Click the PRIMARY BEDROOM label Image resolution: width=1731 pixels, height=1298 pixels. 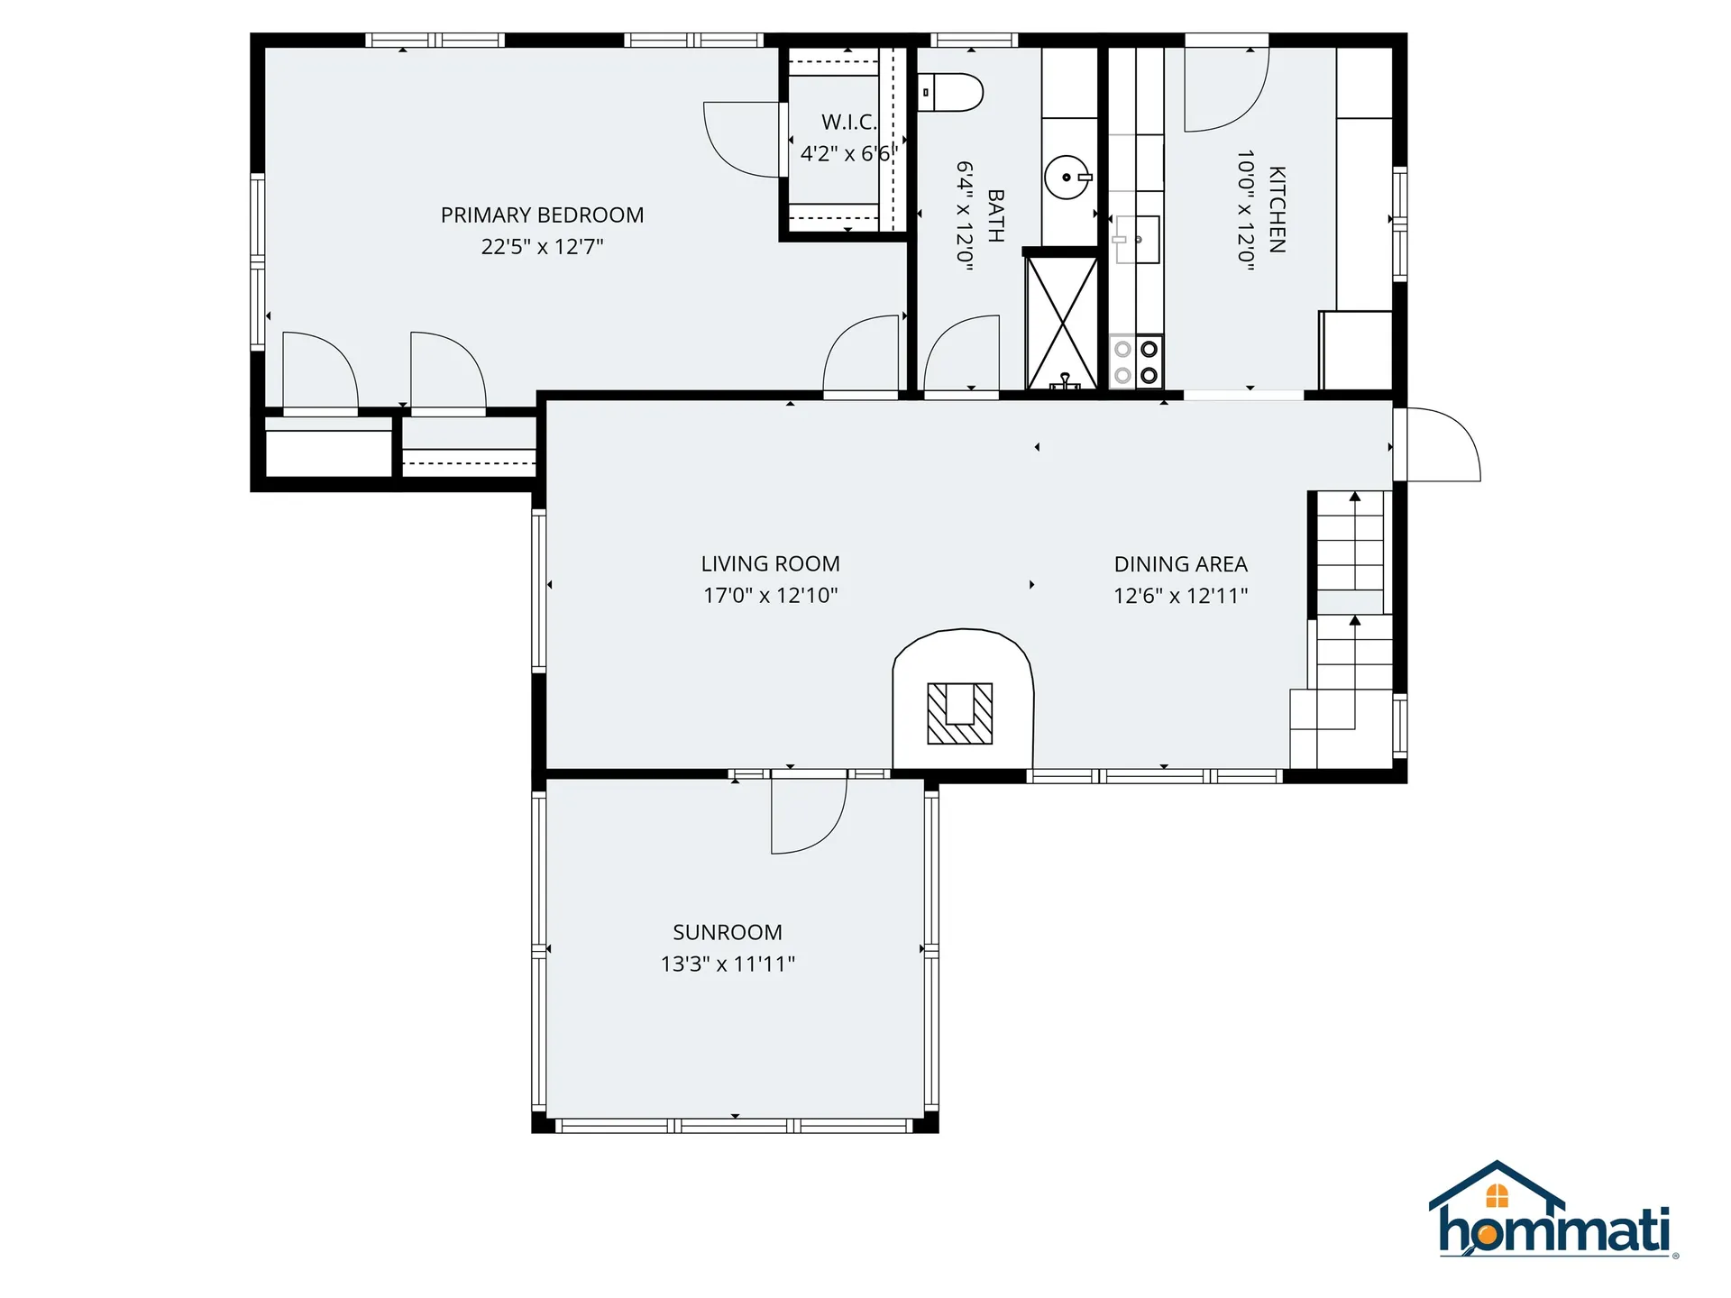[x=542, y=215]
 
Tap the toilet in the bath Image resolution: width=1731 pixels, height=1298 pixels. [x=952, y=92]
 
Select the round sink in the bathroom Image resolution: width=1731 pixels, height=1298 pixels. [x=1067, y=177]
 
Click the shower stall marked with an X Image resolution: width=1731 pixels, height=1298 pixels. [x=1062, y=323]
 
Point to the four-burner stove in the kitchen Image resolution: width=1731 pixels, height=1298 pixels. [x=1136, y=361]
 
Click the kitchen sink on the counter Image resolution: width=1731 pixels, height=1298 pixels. [x=1137, y=240]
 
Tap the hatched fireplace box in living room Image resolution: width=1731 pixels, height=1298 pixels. [x=960, y=713]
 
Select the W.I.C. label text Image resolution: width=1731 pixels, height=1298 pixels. [x=848, y=122]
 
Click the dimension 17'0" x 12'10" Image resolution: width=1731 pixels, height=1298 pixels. [x=770, y=595]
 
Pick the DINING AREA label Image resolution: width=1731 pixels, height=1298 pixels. [x=1180, y=564]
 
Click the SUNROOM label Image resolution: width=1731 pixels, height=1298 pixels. [x=727, y=932]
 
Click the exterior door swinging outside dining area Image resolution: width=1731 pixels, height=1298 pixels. [x=1443, y=443]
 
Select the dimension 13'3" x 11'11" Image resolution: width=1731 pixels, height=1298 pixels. [x=727, y=964]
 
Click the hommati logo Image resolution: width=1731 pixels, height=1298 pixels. [x=1552, y=1212]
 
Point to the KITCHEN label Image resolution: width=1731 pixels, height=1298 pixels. [x=1277, y=209]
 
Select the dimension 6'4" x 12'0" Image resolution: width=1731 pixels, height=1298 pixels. [x=965, y=216]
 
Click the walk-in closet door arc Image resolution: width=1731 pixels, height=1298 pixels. [x=741, y=140]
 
